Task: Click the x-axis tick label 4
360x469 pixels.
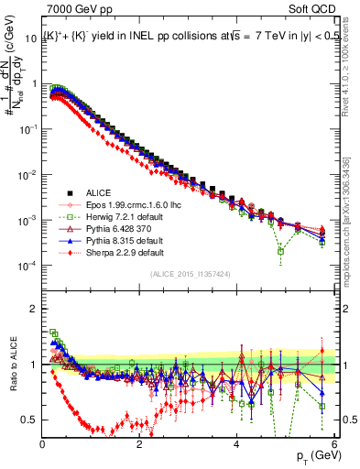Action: pyautogui.click(x=236, y=446)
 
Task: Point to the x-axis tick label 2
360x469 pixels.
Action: pyautogui.click(x=139, y=446)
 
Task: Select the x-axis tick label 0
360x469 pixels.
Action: pyautogui.click(x=43, y=446)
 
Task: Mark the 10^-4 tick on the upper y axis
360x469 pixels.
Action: pyautogui.click(x=28, y=266)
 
